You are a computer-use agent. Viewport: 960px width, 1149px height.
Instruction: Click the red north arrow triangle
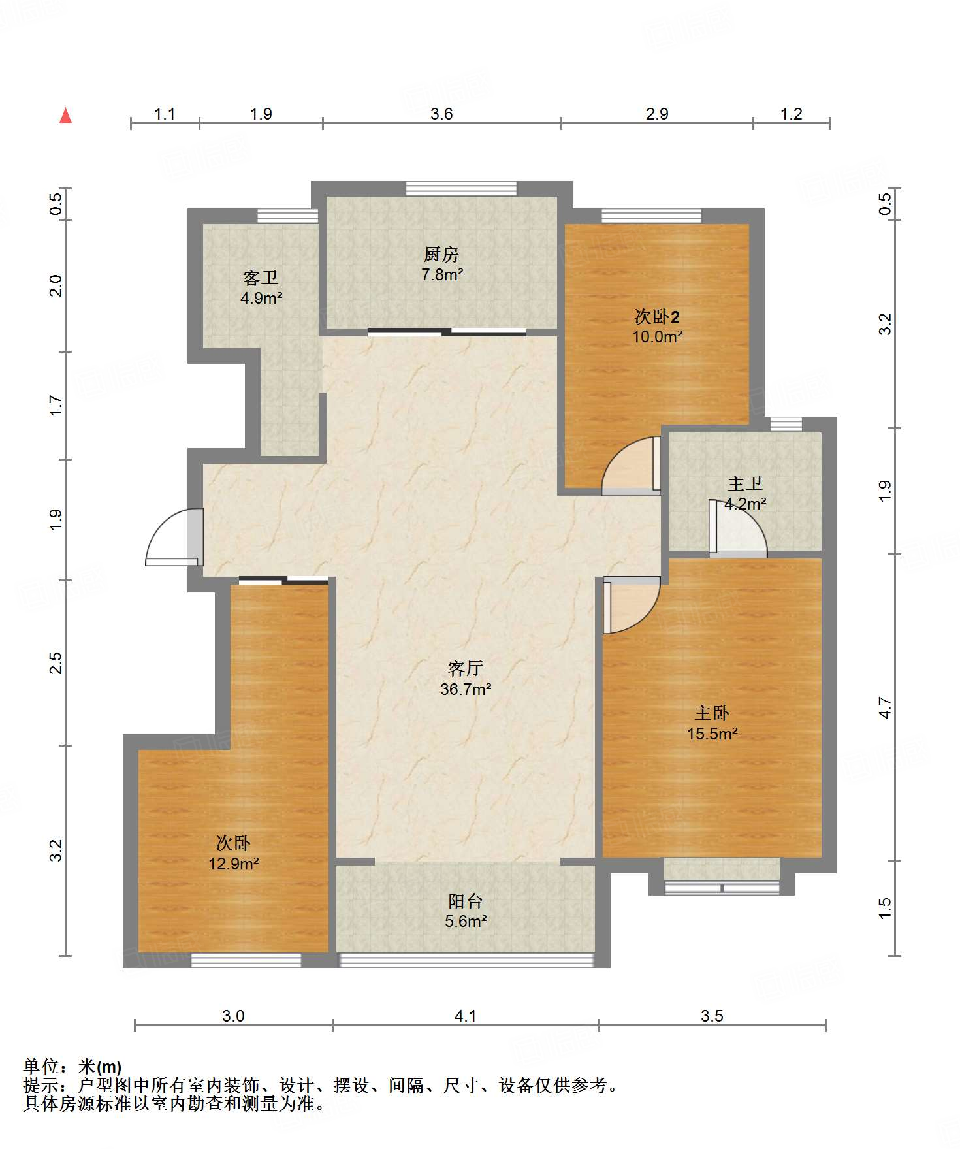(x=65, y=116)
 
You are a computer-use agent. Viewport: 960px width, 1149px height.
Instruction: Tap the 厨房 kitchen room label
(x=441, y=254)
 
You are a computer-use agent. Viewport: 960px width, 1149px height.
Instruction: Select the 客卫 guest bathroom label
(x=261, y=278)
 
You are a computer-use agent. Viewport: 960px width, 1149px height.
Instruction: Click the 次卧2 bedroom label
(x=657, y=317)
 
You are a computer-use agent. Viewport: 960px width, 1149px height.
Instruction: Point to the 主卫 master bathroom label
(x=745, y=483)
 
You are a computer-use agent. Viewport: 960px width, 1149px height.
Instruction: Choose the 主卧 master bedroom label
(x=711, y=713)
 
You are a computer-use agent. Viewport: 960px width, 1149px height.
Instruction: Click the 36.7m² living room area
(x=466, y=688)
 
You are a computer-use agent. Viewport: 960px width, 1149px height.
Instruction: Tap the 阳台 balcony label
(x=465, y=901)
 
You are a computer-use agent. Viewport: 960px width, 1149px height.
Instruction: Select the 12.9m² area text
(x=234, y=864)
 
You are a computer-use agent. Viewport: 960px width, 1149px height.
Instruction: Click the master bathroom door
(x=738, y=528)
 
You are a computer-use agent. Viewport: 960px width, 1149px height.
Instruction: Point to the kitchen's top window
(x=461, y=188)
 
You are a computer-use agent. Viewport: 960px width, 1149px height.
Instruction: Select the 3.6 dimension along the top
(x=441, y=114)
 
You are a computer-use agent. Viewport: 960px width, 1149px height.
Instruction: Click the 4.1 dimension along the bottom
(x=466, y=1016)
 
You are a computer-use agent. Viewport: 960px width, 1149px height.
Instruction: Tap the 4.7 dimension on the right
(x=885, y=707)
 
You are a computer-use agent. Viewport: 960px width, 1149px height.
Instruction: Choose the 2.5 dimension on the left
(x=56, y=662)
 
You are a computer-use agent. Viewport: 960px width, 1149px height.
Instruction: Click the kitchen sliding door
(x=447, y=332)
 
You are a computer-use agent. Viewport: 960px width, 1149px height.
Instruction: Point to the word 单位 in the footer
(x=41, y=1067)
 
